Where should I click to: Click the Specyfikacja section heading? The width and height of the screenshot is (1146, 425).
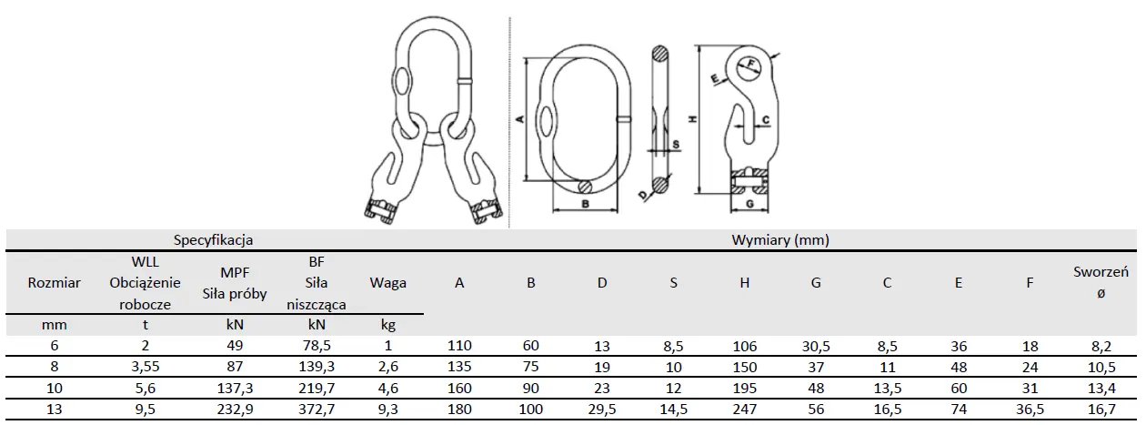[x=214, y=240]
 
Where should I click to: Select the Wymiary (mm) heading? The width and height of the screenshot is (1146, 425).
[x=780, y=240]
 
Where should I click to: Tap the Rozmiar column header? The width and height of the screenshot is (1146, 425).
[x=55, y=283]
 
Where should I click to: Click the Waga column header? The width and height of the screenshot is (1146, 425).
[x=388, y=283]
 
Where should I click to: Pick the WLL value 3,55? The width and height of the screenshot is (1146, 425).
[x=145, y=367]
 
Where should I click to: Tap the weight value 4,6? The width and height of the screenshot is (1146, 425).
[x=388, y=388]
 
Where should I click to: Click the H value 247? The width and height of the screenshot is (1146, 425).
[x=745, y=410]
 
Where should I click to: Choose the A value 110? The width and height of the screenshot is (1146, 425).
[x=460, y=346]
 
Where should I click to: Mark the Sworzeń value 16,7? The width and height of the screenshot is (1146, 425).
[x=1101, y=410]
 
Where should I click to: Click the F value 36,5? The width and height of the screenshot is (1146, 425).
[x=1030, y=410]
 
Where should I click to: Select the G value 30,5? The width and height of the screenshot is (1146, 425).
[x=816, y=346]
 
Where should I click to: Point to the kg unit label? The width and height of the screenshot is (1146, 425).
[x=388, y=324]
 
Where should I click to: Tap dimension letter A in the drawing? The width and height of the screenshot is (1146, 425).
[x=519, y=119]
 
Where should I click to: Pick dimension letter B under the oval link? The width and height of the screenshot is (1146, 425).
[x=586, y=205]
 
